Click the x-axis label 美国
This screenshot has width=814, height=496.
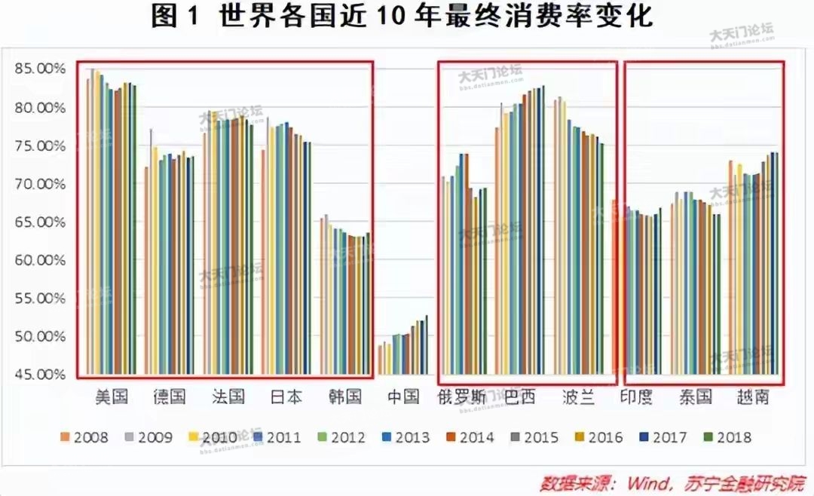(112, 396)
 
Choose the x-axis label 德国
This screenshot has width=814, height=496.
(169, 396)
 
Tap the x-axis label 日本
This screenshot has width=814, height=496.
(286, 396)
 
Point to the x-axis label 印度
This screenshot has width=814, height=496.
(637, 396)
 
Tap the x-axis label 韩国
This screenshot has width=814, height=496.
(346, 396)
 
